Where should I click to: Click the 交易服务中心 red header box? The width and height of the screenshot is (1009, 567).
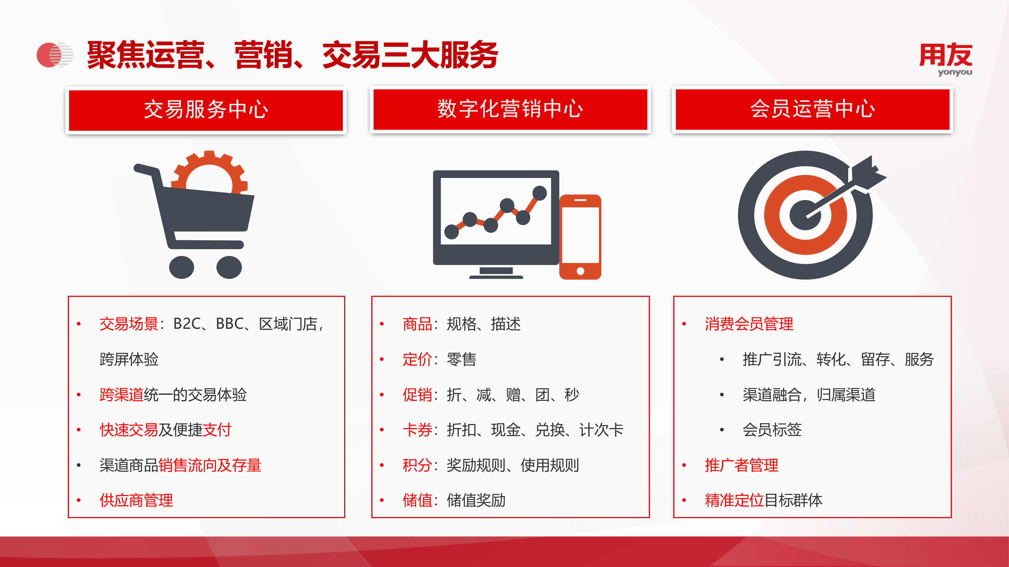206,110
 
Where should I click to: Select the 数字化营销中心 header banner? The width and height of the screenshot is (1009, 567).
510,109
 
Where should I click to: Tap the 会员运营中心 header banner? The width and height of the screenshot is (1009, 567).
812,109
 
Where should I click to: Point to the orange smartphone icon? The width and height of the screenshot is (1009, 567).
580,237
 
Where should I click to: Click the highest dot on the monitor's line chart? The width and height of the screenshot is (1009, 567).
540,193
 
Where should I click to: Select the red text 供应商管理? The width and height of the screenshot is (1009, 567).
136,500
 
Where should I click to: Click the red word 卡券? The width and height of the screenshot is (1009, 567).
417,430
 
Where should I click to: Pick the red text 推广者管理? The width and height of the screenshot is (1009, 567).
741,465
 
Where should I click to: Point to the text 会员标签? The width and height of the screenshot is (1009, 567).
772,430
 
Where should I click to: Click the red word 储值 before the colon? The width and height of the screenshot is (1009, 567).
417,500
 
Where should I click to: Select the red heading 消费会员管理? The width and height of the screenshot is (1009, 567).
749,324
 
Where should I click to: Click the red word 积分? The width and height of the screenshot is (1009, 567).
417,465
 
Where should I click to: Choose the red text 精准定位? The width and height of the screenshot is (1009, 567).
734,500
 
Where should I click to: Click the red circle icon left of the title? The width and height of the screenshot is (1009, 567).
49,55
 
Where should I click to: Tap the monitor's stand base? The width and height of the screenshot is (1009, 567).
496,276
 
